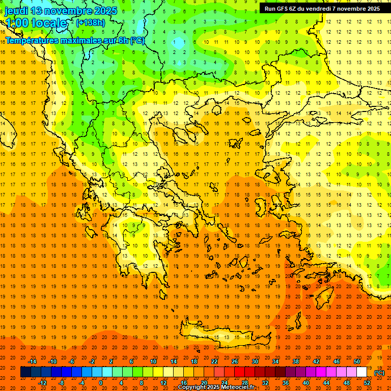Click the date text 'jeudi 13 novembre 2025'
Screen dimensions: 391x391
61,11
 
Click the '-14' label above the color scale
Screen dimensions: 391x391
32,361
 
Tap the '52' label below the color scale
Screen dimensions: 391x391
367,383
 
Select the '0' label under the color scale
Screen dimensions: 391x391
101,383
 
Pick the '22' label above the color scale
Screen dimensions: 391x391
214,361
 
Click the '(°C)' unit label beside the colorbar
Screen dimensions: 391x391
379,373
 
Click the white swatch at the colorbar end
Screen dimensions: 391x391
362,372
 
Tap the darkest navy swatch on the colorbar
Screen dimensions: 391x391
25,372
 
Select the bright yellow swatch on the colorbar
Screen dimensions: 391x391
158,372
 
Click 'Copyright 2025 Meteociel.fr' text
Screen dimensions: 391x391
216,387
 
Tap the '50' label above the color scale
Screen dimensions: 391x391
357,361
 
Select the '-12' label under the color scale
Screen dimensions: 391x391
42,383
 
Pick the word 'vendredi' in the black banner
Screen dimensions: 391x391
331,9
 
